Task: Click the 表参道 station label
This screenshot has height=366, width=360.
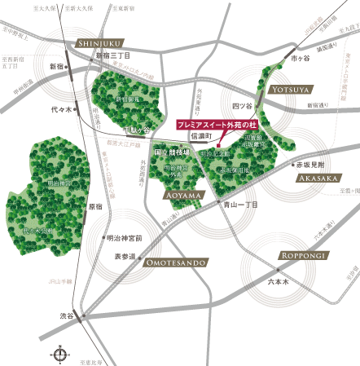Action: pos(126,256)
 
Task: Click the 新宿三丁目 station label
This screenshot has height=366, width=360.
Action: pos(113,55)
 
